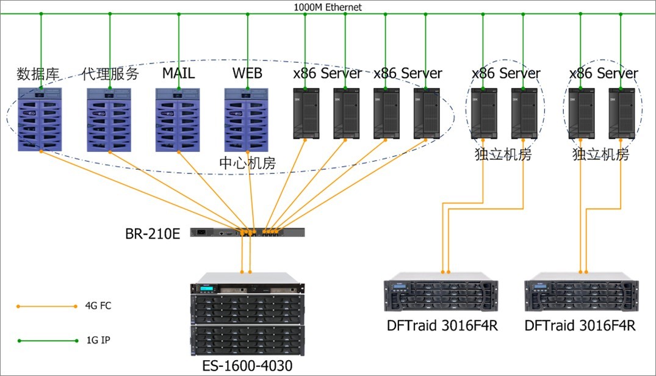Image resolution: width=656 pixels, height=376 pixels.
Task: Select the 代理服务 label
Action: pos(110,74)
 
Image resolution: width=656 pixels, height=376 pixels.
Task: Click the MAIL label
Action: pos(178,74)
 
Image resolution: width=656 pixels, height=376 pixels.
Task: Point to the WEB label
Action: pos(247,74)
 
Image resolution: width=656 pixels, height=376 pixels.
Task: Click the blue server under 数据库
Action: pos(41,120)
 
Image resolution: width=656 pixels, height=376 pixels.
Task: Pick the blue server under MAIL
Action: pos(178,120)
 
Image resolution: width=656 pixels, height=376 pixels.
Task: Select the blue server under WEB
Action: pos(247,120)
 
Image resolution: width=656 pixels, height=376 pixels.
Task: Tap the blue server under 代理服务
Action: pos(109,120)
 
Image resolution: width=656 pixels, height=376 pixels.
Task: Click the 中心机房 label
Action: pos(247,164)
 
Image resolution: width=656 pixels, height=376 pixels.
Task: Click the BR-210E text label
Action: pos(153,233)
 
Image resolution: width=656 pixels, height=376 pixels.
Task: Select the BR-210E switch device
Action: pos(247,232)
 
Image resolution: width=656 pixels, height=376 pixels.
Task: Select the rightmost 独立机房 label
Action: pos(600,155)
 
